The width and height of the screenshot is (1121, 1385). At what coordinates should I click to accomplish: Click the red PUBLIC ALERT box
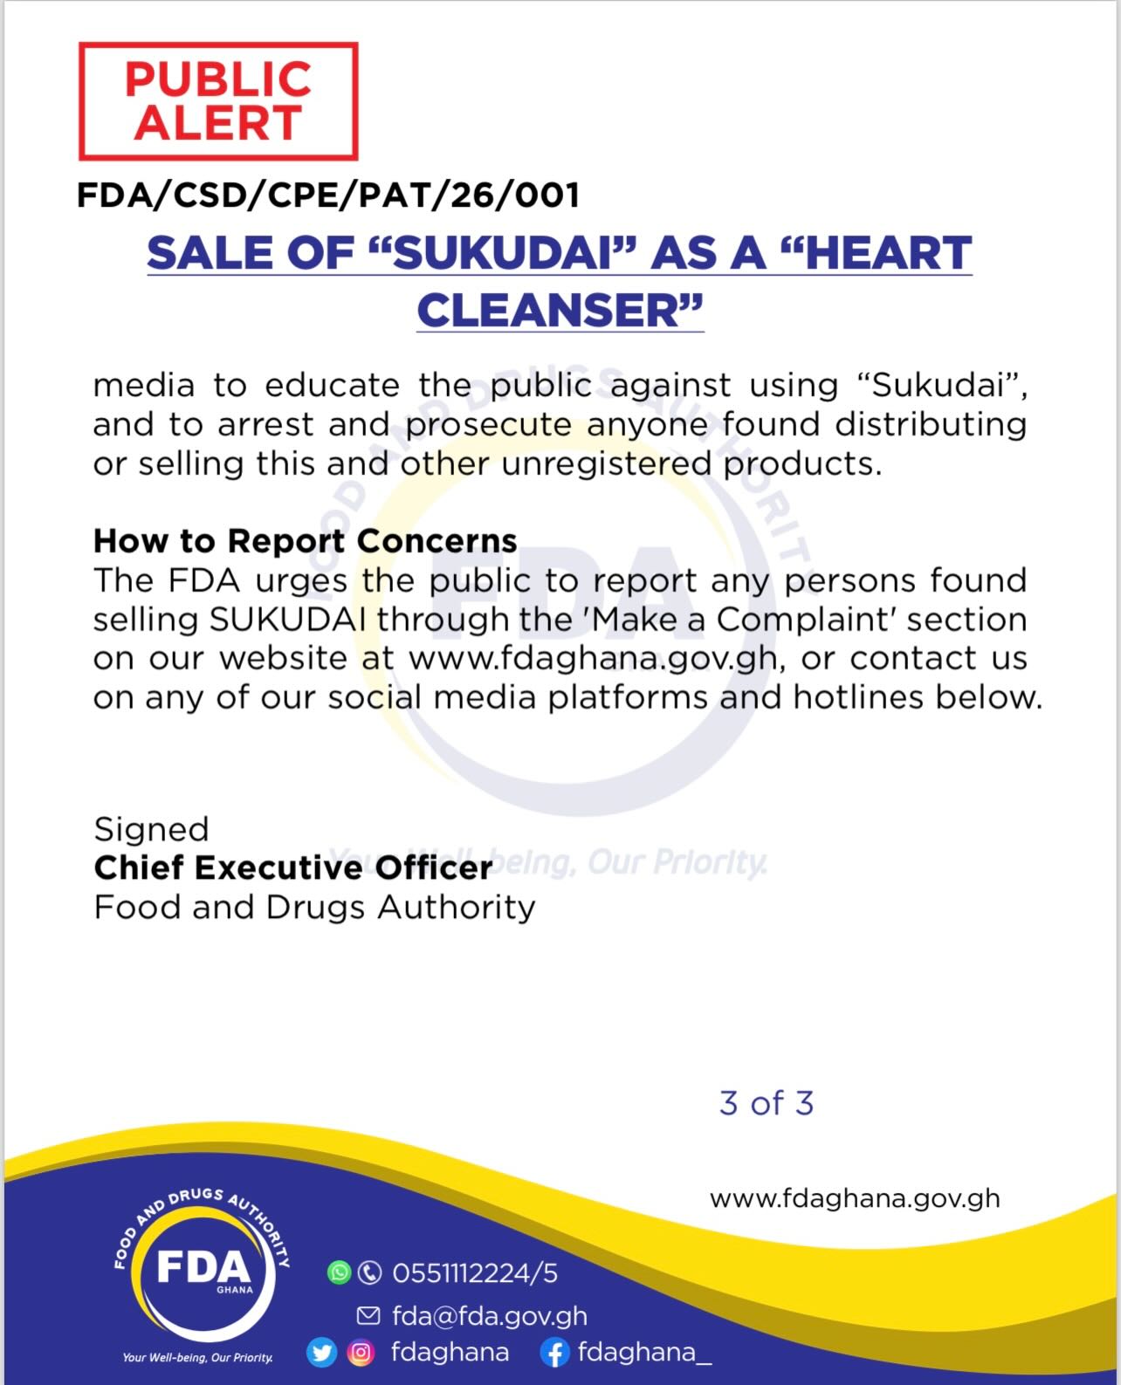[x=218, y=101]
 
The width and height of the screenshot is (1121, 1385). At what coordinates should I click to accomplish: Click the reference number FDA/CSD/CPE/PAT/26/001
[x=328, y=195]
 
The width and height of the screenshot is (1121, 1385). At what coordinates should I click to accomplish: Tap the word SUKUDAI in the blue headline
[x=500, y=254]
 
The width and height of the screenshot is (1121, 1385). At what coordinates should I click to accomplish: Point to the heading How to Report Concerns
[x=305, y=541]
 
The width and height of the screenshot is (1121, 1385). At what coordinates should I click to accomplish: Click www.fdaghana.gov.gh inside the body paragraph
[x=593, y=658]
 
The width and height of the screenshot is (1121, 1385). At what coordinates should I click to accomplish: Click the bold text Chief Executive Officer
[x=292, y=868]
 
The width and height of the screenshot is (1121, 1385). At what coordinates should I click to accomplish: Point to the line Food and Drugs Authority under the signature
[x=314, y=908]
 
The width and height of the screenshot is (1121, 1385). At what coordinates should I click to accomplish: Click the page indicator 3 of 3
[x=767, y=1103]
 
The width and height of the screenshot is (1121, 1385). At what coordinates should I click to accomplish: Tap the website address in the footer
[x=855, y=1198]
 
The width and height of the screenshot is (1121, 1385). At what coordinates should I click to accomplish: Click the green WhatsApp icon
[x=339, y=1272]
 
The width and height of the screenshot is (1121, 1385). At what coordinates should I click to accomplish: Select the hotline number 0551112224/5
[x=475, y=1273]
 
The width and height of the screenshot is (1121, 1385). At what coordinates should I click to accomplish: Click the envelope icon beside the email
[x=369, y=1315]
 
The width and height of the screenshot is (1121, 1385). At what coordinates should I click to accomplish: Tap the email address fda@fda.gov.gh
[x=490, y=1315]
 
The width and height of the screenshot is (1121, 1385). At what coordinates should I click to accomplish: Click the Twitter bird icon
[x=321, y=1353]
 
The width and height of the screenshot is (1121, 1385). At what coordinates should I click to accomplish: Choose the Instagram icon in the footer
[x=361, y=1353]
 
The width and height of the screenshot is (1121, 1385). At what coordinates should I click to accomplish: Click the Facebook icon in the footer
[x=554, y=1354]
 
